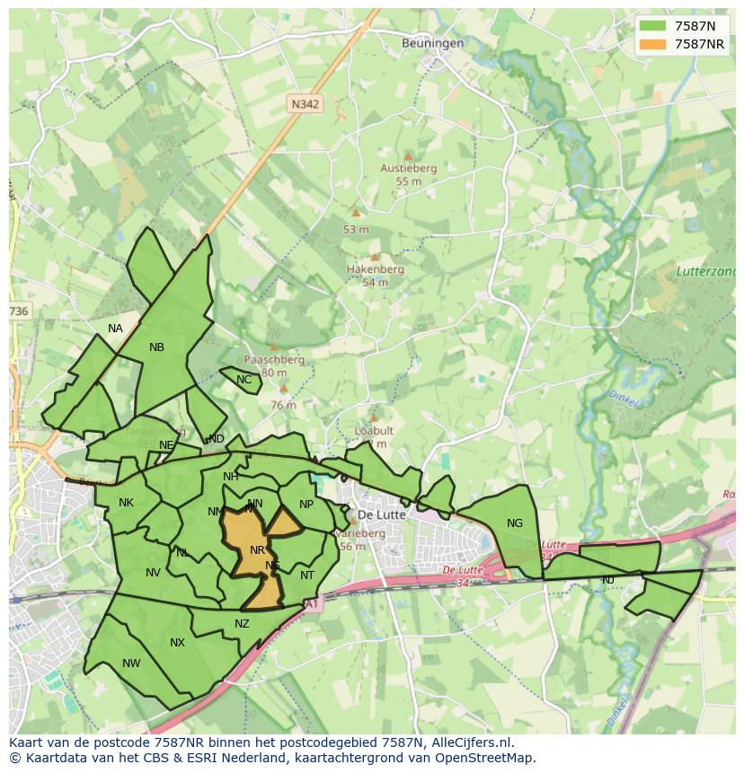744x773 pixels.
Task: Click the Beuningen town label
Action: pyautogui.click(x=433, y=43)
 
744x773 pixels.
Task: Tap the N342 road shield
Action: pyautogui.click(x=306, y=104)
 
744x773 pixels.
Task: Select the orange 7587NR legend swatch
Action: pyautogui.click(x=653, y=44)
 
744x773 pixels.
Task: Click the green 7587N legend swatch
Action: pyautogui.click(x=653, y=26)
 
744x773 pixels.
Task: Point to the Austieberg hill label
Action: pyautogui.click(x=408, y=168)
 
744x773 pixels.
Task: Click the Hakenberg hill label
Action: pyautogui.click(x=376, y=269)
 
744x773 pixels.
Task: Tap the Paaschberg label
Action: pyautogui.click(x=274, y=360)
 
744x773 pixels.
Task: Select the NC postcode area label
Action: pyautogui.click(x=244, y=380)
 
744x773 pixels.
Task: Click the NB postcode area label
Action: pyautogui.click(x=157, y=347)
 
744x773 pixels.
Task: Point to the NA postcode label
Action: pyautogui.click(x=115, y=329)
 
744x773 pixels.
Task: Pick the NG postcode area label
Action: pyautogui.click(x=515, y=523)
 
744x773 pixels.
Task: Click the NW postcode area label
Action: pyautogui.click(x=131, y=663)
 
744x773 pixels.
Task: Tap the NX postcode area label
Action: pyautogui.click(x=177, y=643)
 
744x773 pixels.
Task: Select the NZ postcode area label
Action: pyautogui.click(x=242, y=624)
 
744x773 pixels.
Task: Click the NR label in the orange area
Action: pyautogui.click(x=258, y=550)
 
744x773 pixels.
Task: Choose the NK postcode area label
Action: pyautogui.click(x=126, y=503)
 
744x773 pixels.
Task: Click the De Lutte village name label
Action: pyautogui.click(x=382, y=515)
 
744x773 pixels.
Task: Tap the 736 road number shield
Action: pyautogui.click(x=19, y=312)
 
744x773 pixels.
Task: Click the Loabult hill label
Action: pyautogui.click(x=374, y=431)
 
